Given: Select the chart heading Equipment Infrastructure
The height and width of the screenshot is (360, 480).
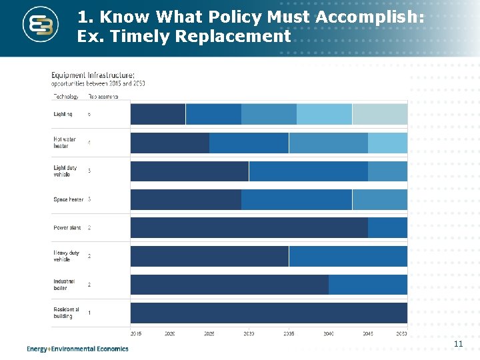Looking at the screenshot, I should (93, 75).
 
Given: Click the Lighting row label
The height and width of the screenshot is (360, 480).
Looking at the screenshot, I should (63, 114).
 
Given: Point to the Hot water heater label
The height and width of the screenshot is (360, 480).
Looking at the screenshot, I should (65, 143).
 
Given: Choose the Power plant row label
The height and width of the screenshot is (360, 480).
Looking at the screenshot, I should (67, 228).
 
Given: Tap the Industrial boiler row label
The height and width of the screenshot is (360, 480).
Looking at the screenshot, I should (65, 285).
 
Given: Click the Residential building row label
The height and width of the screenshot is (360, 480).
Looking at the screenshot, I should (66, 313).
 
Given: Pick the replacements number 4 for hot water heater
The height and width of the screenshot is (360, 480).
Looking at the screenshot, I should (89, 143).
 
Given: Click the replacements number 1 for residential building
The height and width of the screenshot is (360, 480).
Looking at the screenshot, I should (89, 313).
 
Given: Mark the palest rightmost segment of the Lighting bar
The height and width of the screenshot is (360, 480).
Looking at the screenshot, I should (379, 114).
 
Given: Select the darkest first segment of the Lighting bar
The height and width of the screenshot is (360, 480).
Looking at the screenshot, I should (158, 114).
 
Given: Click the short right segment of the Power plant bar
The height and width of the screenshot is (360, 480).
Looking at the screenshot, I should (387, 228).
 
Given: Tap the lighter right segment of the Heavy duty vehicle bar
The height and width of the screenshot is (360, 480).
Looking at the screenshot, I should (347, 256).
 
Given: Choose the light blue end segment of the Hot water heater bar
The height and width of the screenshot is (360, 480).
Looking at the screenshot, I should (387, 143).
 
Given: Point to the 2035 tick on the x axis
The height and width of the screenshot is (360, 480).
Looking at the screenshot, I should (289, 333).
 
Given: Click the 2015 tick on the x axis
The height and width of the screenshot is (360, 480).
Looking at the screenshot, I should (136, 333).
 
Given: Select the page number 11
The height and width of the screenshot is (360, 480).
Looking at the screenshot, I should (458, 343).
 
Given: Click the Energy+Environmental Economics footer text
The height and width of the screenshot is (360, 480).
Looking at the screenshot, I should (78, 349).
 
